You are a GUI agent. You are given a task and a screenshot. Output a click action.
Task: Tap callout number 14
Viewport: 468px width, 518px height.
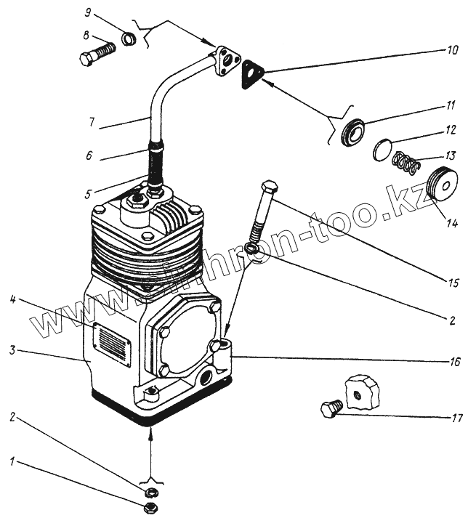451,224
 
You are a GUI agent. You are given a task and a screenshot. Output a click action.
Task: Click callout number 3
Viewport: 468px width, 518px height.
13,351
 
